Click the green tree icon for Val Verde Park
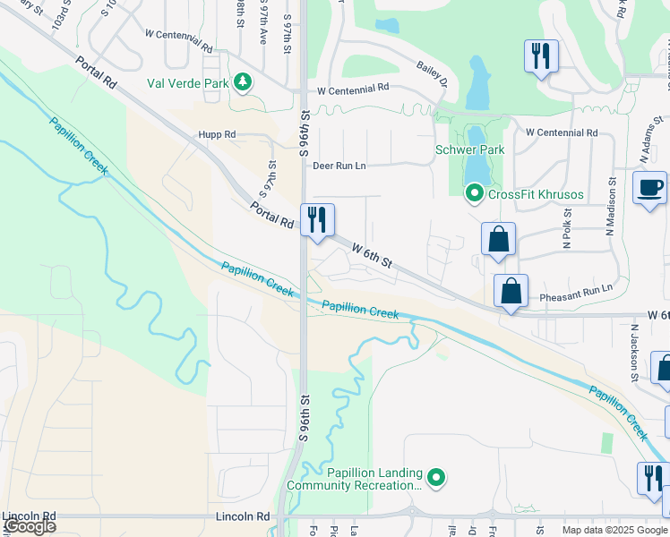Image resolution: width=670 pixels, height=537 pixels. [242, 82]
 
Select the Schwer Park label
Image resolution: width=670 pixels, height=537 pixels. [469, 150]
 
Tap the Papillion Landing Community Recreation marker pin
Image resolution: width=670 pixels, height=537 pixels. [436, 479]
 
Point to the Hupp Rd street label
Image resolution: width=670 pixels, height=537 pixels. [217, 134]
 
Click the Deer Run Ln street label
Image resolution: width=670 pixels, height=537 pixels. [339, 166]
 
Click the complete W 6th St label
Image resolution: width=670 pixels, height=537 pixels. [372, 255]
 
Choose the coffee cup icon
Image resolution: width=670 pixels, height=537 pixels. [649, 188]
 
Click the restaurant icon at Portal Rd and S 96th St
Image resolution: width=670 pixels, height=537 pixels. [317, 220]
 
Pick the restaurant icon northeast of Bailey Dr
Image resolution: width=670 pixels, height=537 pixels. [541, 56]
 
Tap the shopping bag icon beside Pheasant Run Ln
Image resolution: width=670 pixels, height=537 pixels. [510, 291]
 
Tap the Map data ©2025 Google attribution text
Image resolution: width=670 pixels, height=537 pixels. [614, 530]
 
